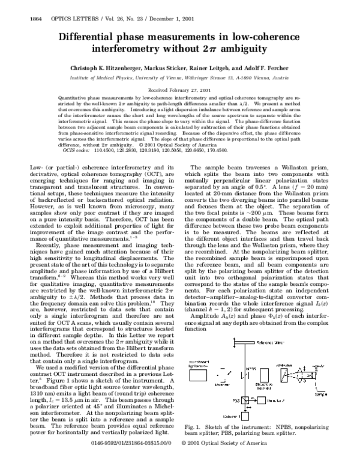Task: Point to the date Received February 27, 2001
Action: (180, 88)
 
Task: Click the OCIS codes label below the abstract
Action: (74, 150)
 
